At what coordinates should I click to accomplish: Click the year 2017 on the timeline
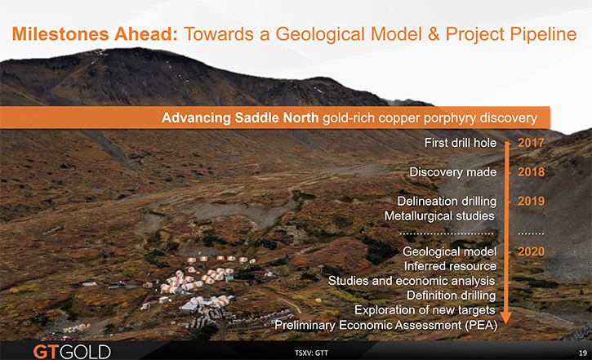point(532,143)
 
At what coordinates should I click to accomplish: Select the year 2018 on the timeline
point(532,171)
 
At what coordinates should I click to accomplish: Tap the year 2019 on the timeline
point(532,201)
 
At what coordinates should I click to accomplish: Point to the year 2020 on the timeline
point(532,251)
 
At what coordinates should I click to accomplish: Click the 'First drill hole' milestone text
point(461,143)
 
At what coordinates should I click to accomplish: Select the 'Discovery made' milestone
point(453,171)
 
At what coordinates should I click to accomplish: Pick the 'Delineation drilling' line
point(447,201)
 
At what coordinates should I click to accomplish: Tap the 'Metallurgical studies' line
point(439,216)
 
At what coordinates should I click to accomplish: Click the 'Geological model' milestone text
point(450,251)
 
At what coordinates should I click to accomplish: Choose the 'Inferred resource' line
point(450,266)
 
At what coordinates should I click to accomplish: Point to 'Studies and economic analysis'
point(412,281)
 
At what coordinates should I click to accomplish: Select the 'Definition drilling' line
point(452,296)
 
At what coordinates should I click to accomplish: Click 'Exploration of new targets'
point(425,310)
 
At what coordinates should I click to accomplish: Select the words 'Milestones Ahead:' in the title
point(95,34)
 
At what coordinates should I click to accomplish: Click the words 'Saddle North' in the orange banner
point(277,118)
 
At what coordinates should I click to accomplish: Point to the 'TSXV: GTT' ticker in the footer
point(311,353)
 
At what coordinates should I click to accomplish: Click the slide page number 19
point(583,353)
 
